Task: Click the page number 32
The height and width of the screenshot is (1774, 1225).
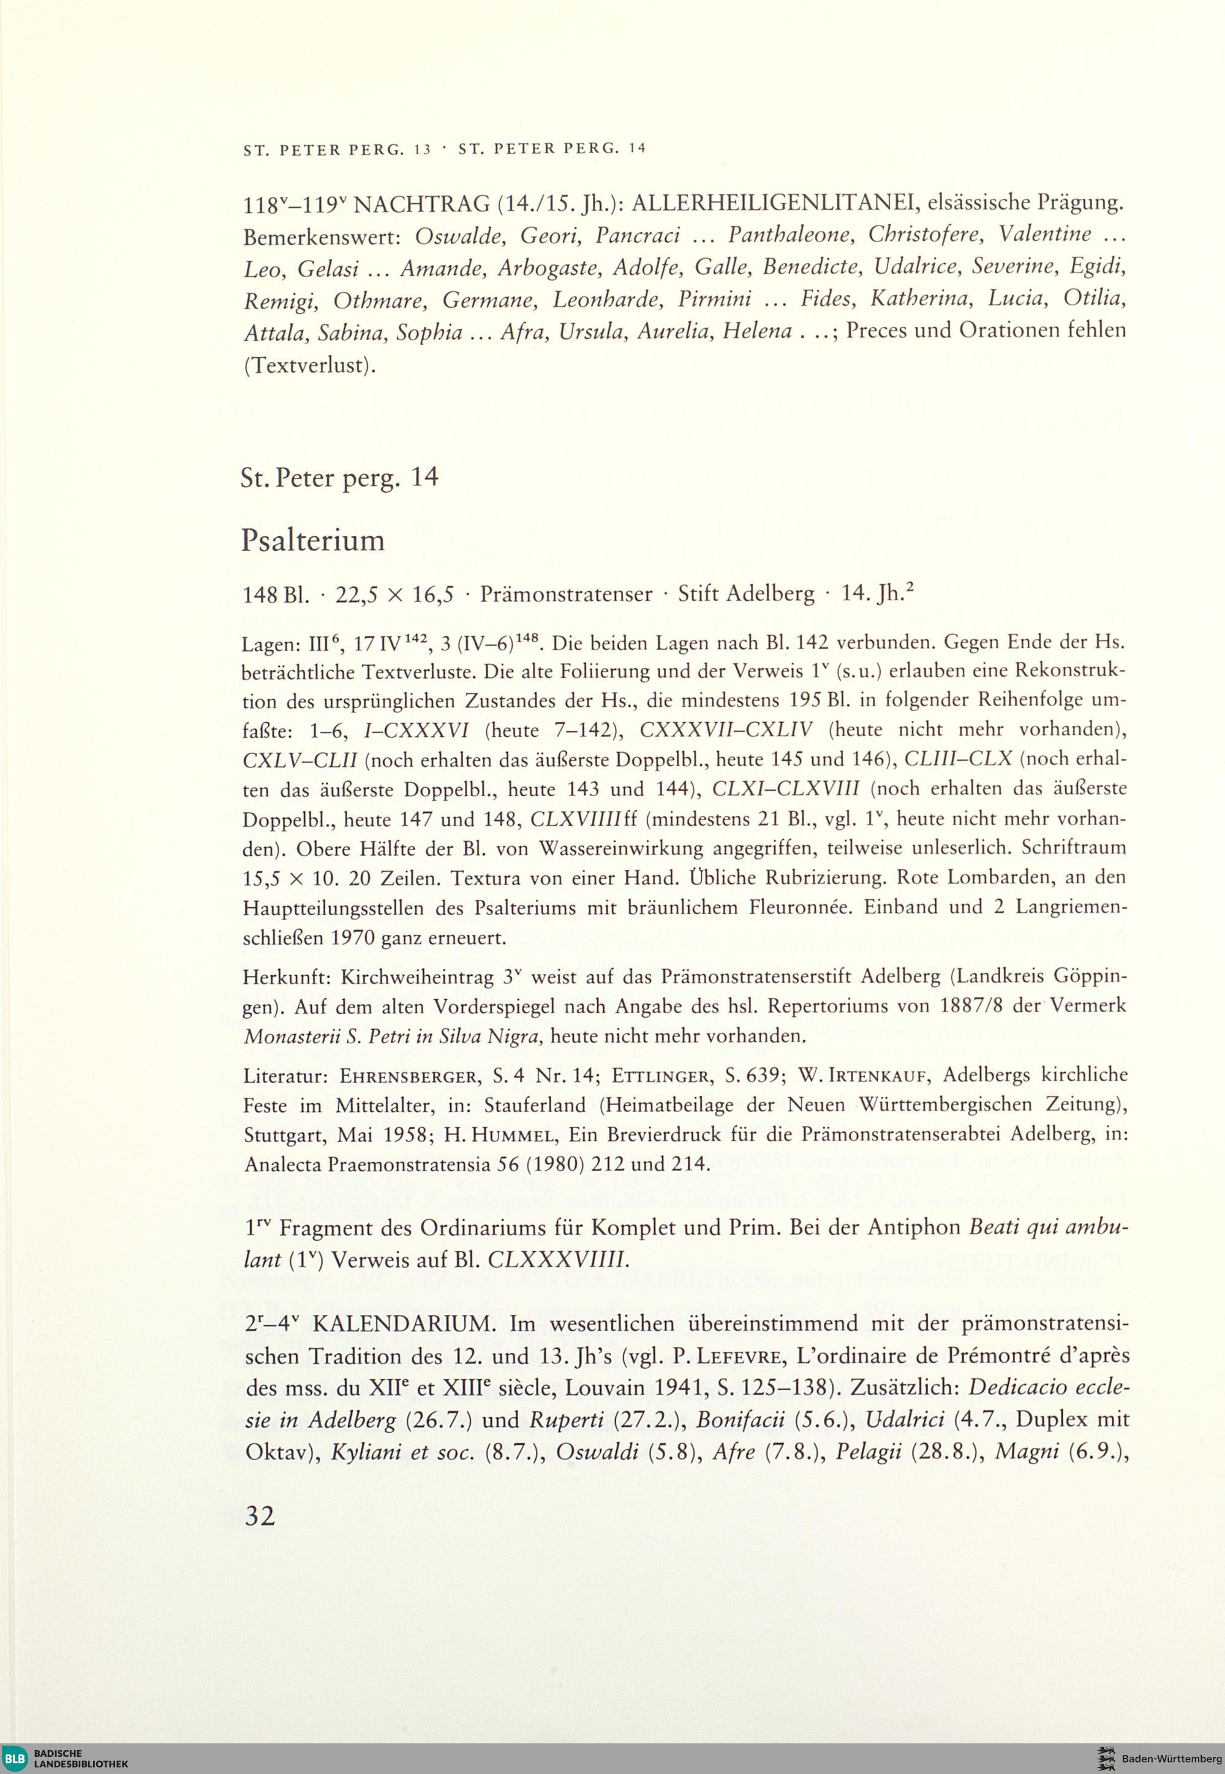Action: [x=260, y=1515]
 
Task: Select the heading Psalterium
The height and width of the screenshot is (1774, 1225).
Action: [x=312, y=541]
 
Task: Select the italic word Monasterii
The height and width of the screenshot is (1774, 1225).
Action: [x=291, y=1037]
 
